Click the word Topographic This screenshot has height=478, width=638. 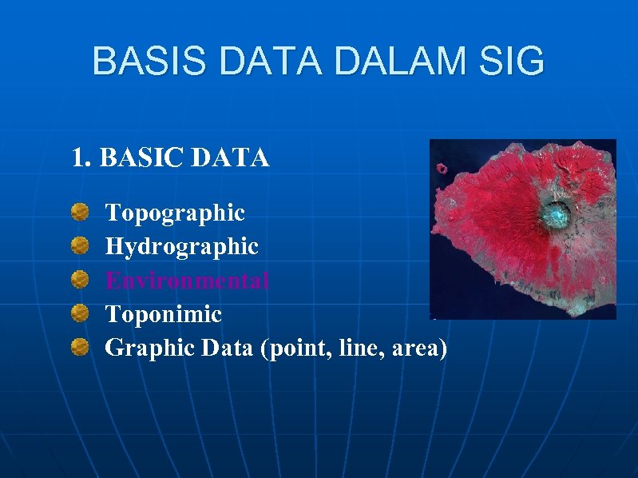[175, 213]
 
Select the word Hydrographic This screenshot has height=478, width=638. [182, 247]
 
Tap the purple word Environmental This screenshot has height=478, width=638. [188, 281]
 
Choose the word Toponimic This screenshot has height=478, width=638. [164, 314]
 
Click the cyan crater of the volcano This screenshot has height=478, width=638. [556, 213]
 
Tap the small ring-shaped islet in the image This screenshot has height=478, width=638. [442, 169]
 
